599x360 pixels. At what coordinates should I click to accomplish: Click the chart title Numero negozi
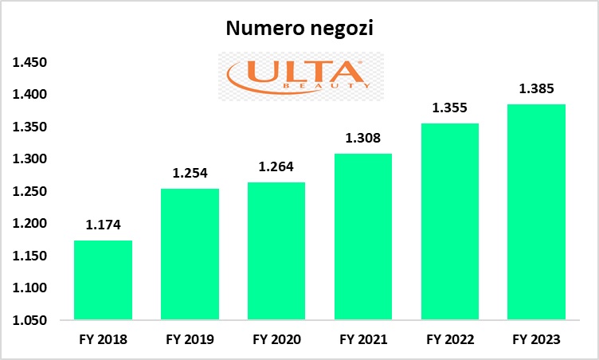click(299, 29)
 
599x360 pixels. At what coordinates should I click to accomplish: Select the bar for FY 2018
click(103, 280)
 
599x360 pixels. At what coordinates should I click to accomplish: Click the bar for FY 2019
click(190, 255)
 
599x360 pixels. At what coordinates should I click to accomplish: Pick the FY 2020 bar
click(276, 251)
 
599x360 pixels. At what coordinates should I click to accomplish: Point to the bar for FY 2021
click(362, 237)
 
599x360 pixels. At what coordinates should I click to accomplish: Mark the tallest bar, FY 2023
click(535, 212)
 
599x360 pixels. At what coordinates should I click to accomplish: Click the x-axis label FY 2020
click(276, 339)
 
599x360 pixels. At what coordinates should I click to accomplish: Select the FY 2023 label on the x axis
click(535, 339)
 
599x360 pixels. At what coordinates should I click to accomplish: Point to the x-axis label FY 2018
click(103, 339)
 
